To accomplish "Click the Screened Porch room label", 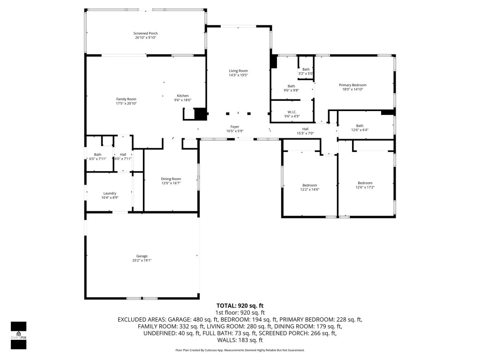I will (x=145, y=33).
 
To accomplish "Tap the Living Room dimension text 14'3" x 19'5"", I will (x=238, y=75).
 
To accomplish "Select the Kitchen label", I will (x=182, y=96).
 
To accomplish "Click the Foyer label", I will (x=235, y=127).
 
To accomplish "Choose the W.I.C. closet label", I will (x=292, y=112).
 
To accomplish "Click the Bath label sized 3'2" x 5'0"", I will (x=306, y=69).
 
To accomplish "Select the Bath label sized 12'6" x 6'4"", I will (x=360, y=126).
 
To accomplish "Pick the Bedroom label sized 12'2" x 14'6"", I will (x=309, y=185).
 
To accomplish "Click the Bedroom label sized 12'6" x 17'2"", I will (x=365, y=183).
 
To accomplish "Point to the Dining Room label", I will (x=171, y=179).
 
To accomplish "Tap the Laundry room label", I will (x=110, y=193).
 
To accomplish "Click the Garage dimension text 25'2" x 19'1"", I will (x=142, y=260).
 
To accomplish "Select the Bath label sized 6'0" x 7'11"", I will (x=97, y=155).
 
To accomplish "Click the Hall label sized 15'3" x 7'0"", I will (x=305, y=129).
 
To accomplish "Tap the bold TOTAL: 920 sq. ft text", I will (x=240, y=305).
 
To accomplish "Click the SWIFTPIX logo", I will (x=18, y=336).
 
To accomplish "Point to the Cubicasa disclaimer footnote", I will (x=240, y=350).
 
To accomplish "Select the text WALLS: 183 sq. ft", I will (x=240, y=340).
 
